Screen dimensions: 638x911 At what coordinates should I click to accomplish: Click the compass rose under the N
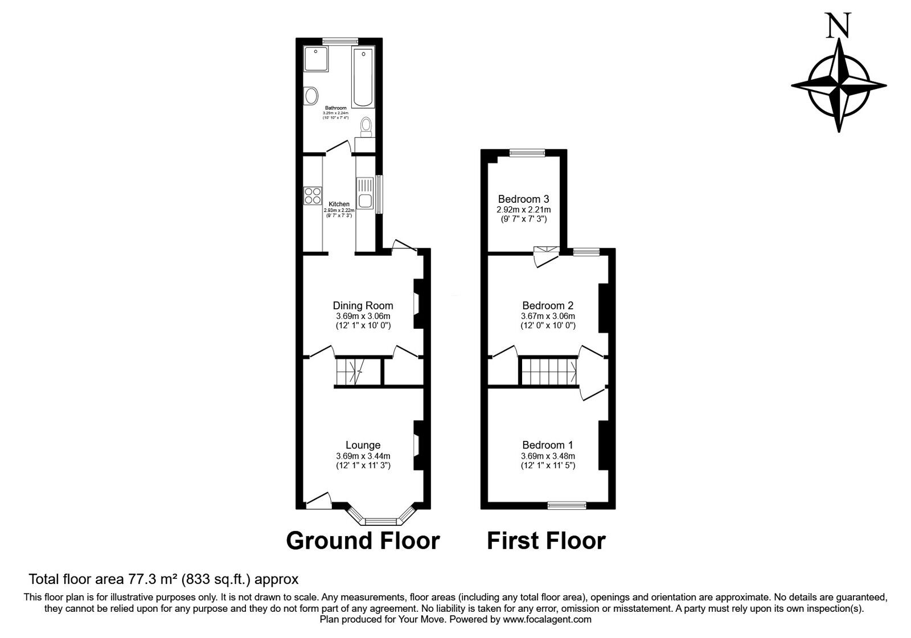(x=839, y=85)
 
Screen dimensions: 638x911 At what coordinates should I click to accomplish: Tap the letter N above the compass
(x=839, y=26)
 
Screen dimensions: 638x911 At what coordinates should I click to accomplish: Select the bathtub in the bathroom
(x=363, y=78)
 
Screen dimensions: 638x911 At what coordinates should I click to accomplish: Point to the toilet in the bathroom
(x=366, y=125)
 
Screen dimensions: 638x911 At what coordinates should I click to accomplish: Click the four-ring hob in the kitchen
(x=313, y=195)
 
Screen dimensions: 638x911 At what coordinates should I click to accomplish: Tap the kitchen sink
(x=364, y=194)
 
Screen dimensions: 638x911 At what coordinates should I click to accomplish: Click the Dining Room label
(x=363, y=306)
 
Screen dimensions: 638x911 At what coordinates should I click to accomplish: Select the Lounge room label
(x=363, y=445)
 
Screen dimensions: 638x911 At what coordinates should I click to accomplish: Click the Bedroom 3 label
(x=523, y=199)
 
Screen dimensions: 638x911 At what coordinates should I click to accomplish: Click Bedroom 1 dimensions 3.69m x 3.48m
(x=548, y=456)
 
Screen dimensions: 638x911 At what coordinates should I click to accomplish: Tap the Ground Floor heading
(x=363, y=541)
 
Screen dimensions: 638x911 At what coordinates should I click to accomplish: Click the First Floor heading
(x=546, y=541)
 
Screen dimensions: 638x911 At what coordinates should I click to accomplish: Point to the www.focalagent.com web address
(x=547, y=619)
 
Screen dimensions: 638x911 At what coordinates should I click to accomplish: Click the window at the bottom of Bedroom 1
(x=567, y=505)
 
